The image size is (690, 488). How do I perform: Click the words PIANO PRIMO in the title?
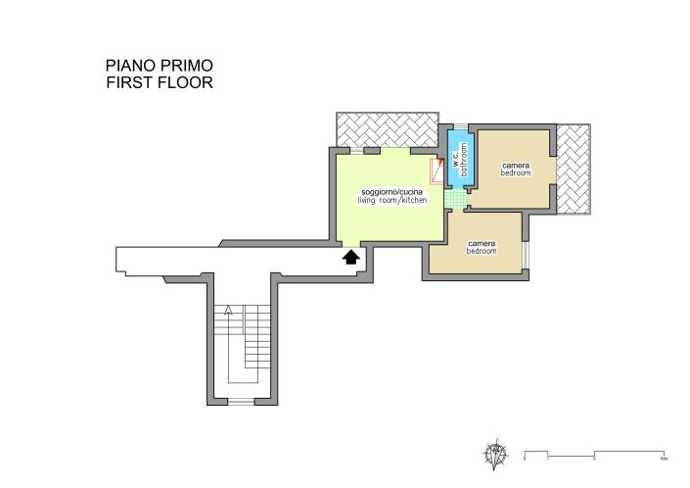(x=159, y=66)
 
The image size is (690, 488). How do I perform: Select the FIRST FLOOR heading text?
(x=159, y=83)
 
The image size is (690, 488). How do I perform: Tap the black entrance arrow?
(x=349, y=257)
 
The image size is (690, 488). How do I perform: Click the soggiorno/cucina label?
(x=391, y=191)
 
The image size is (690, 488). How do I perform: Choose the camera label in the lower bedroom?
(x=482, y=243)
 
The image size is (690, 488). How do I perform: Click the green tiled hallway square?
(x=453, y=198)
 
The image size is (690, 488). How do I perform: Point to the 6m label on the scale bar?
(x=664, y=459)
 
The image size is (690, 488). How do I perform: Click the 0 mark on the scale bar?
(x=525, y=459)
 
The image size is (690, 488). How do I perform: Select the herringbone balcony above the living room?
(x=385, y=127)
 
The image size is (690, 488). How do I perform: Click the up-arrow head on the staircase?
(x=228, y=311)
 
